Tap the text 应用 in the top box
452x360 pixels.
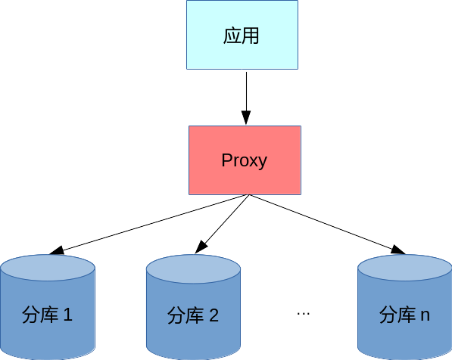pyautogui.click(x=242, y=36)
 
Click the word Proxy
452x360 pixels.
pyautogui.click(x=244, y=161)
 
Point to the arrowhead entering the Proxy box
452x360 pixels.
pyautogui.click(x=245, y=118)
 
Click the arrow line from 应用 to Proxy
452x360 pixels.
pyautogui.click(x=245, y=91)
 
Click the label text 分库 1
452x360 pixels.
pyautogui.click(x=47, y=315)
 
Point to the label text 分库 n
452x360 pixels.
pyautogui.click(x=404, y=315)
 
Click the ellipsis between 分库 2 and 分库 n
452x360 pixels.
pyautogui.click(x=303, y=312)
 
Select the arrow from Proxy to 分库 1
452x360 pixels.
pyautogui.click(x=151, y=223)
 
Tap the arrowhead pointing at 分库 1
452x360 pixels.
pyautogui.click(x=55, y=250)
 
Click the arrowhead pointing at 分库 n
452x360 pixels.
pyautogui.click(x=397, y=250)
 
